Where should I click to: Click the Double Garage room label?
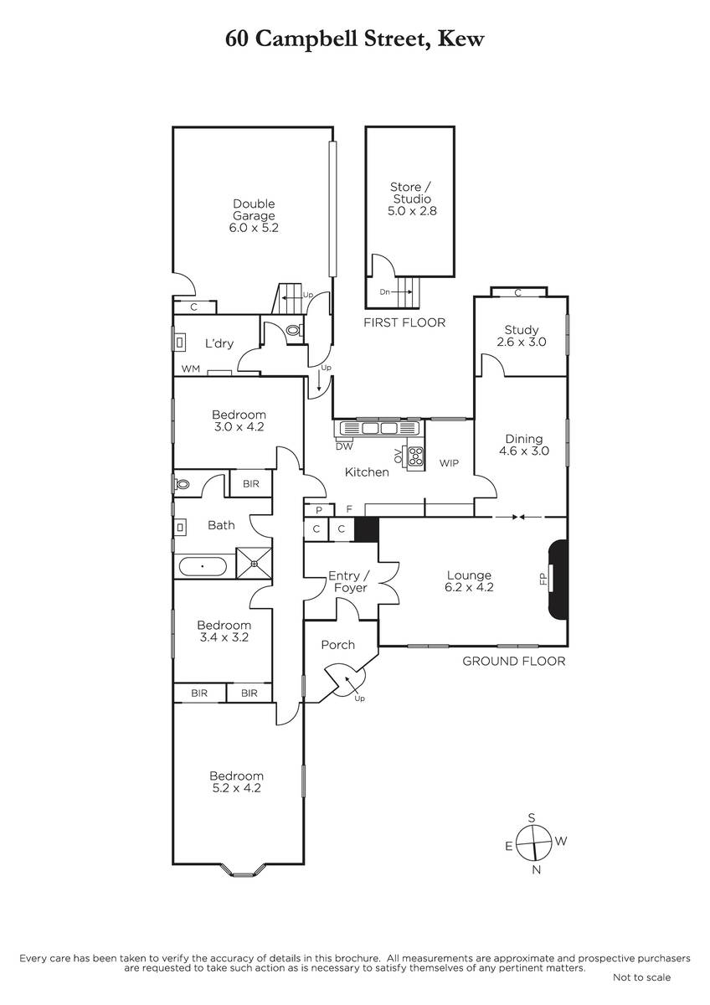click(x=254, y=209)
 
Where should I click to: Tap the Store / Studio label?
click(x=411, y=193)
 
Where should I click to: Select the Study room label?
click(x=521, y=330)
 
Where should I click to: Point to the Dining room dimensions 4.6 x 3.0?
click(x=524, y=451)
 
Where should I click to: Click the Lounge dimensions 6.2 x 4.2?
click(x=469, y=587)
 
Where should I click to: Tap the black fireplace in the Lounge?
click(x=558, y=580)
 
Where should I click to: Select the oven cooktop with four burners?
click(x=415, y=456)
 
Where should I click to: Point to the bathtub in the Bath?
click(x=203, y=567)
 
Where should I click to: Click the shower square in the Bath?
click(x=254, y=563)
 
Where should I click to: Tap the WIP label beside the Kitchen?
click(x=449, y=463)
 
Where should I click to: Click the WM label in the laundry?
click(x=191, y=368)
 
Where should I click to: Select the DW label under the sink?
click(x=344, y=446)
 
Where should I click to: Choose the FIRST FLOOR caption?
click(x=404, y=322)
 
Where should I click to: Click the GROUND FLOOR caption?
click(x=514, y=661)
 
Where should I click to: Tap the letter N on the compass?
click(x=536, y=869)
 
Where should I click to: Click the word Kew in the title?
click(x=460, y=39)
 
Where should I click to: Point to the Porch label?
click(x=337, y=645)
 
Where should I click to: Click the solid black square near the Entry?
click(x=367, y=529)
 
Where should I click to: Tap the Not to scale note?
click(x=642, y=977)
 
